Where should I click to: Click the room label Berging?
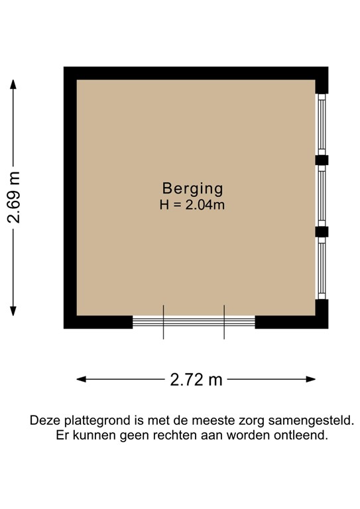pyautogui.click(x=192, y=188)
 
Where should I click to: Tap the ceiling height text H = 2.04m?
pyautogui.click(x=192, y=205)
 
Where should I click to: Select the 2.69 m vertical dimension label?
pyautogui.click(x=15, y=198)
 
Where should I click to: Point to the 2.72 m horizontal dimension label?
pyautogui.click(x=196, y=380)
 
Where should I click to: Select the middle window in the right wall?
pyautogui.click(x=322, y=196)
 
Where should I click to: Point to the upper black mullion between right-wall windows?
pyautogui.click(x=322, y=160)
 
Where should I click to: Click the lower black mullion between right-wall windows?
pyautogui.click(x=322, y=231)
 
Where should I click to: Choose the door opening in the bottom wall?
pyautogui.click(x=194, y=322)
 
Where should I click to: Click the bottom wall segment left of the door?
pyautogui.click(x=99, y=322)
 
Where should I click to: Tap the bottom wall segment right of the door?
pyautogui.click(x=291, y=322)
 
